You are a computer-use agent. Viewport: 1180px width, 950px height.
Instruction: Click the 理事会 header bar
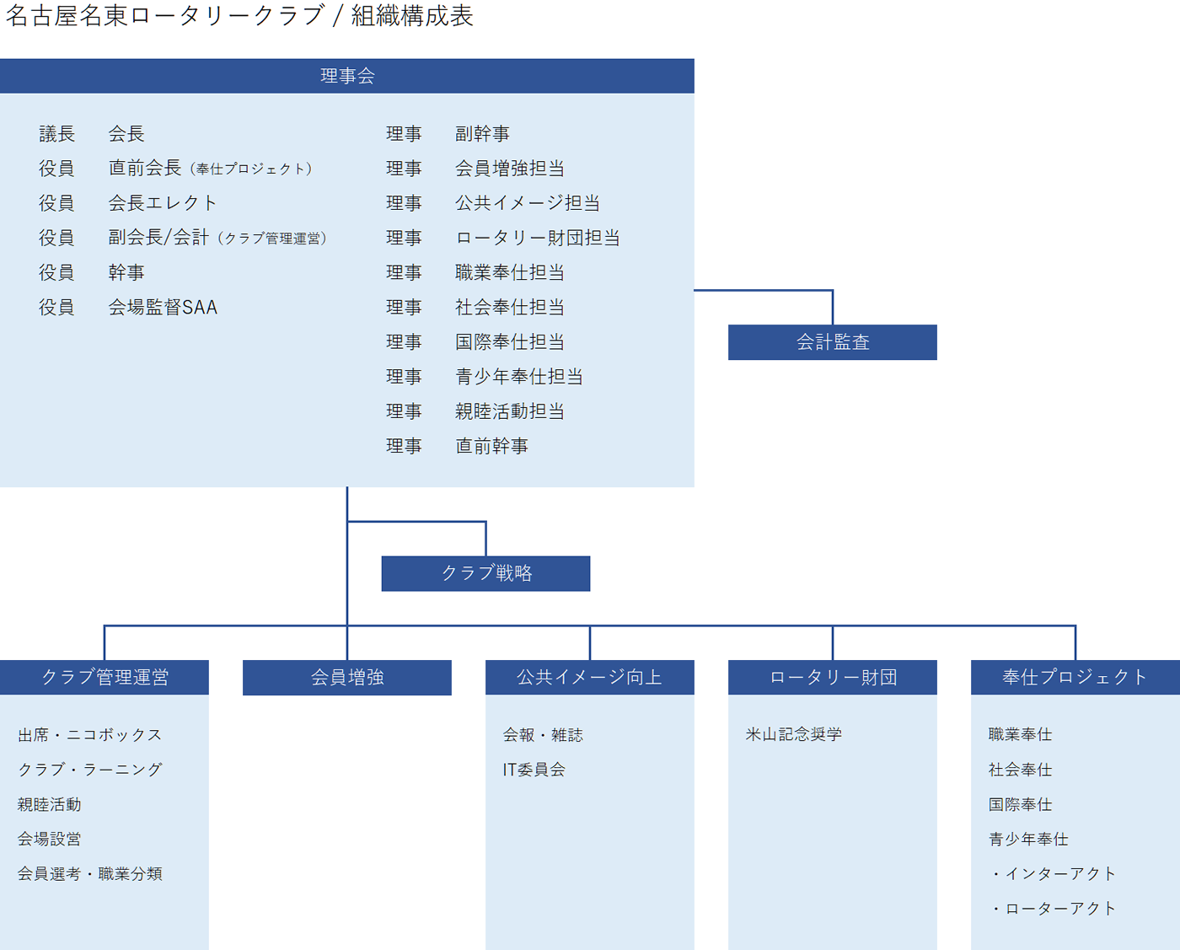click(x=347, y=76)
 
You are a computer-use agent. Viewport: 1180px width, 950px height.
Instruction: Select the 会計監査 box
click(x=833, y=342)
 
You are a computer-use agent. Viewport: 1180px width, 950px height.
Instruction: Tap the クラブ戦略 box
click(x=485, y=573)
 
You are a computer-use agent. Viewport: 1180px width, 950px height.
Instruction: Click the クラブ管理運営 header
click(x=105, y=678)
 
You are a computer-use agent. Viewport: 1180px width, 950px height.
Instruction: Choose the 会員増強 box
click(x=347, y=678)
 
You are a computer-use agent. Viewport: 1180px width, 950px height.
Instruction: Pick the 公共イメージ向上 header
click(x=589, y=678)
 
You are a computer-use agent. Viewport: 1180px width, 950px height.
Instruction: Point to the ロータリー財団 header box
click(x=833, y=678)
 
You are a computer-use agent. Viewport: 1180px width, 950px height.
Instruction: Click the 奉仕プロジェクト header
click(x=1075, y=678)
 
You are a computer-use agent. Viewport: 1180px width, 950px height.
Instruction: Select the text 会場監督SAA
click(x=163, y=307)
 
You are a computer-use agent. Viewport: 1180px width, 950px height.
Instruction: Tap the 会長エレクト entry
click(x=163, y=203)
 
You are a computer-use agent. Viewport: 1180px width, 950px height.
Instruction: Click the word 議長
click(x=56, y=134)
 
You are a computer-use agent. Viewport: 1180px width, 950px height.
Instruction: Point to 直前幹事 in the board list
click(x=492, y=446)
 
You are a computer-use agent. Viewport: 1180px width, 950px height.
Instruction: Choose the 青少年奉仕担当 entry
click(x=519, y=377)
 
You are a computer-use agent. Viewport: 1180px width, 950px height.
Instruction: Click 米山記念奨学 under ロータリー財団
click(x=793, y=734)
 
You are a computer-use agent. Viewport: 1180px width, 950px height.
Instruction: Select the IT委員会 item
click(x=534, y=770)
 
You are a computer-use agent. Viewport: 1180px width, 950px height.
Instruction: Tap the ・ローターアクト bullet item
click(x=1053, y=909)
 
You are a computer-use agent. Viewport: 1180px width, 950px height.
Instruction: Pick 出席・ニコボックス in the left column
click(x=89, y=734)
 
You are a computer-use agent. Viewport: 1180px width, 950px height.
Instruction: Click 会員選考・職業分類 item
click(x=89, y=873)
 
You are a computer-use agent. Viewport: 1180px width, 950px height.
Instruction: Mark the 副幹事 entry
click(x=482, y=134)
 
